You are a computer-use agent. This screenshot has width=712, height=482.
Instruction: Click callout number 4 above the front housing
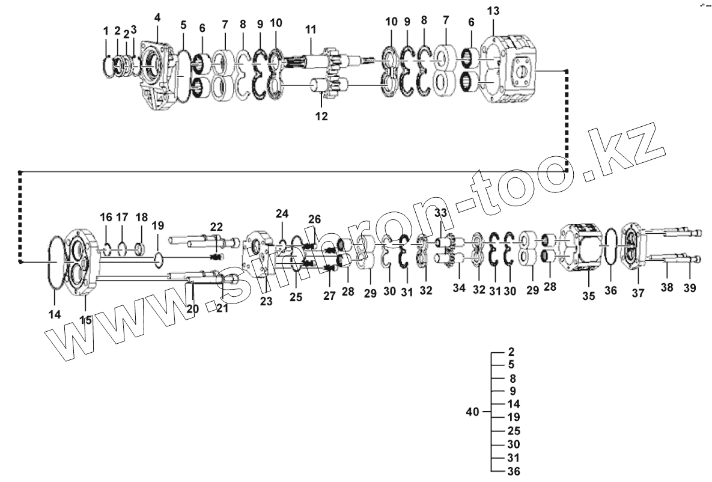click(x=157, y=17)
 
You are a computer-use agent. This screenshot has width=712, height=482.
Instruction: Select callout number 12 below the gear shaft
click(x=321, y=116)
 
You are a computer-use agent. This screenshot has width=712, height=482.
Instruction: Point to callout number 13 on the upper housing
click(x=493, y=11)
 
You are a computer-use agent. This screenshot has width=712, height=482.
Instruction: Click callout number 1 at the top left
click(x=106, y=31)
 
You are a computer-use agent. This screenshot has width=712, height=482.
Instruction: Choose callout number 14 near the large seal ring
click(x=55, y=314)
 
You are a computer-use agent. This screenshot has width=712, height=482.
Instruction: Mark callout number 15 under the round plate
click(x=86, y=320)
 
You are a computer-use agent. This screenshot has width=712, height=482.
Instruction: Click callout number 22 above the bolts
click(x=216, y=227)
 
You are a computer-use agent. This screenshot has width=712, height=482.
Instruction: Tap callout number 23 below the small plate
click(x=266, y=301)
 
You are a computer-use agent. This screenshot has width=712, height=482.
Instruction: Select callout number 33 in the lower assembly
click(x=440, y=213)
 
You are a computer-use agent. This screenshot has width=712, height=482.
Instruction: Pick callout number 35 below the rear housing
click(x=588, y=295)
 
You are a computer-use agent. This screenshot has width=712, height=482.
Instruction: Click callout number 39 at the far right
click(x=690, y=288)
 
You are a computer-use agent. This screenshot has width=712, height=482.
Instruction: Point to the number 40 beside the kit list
click(x=473, y=412)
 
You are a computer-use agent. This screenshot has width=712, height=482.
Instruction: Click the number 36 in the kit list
click(x=514, y=471)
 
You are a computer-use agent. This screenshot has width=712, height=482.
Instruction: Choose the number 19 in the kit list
click(x=514, y=416)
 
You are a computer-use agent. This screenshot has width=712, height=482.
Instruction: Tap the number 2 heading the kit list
click(x=511, y=352)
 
